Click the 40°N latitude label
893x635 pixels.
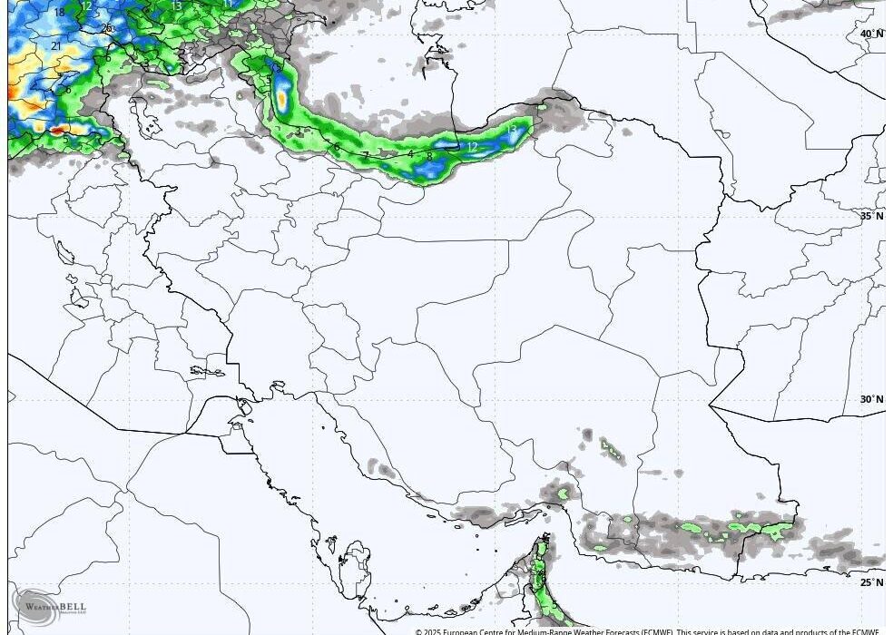tap(871, 34)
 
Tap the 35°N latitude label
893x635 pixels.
tap(871, 216)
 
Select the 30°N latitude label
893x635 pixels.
tap(871, 399)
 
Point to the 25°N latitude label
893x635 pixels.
tap(871, 582)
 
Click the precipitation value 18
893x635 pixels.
tap(60, 13)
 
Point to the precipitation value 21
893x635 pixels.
tap(56, 45)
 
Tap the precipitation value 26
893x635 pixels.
tap(106, 28)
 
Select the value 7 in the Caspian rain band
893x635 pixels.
tap(366, 156)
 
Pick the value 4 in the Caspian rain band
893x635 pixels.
tap(410, 154)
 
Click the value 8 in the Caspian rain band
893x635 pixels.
tap(429, 157)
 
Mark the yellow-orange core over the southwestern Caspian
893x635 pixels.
tap(282, 96)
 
